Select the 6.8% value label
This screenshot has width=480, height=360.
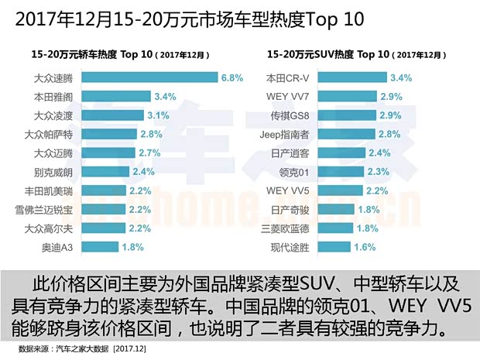(x=232, y=78)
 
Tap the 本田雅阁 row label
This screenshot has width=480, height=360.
(x=55, y=97)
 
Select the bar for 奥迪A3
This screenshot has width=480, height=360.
(x=98, y=247)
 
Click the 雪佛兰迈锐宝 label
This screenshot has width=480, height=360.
(x=46, y=210)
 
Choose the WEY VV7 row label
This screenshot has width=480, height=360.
(x=290, y=97)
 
